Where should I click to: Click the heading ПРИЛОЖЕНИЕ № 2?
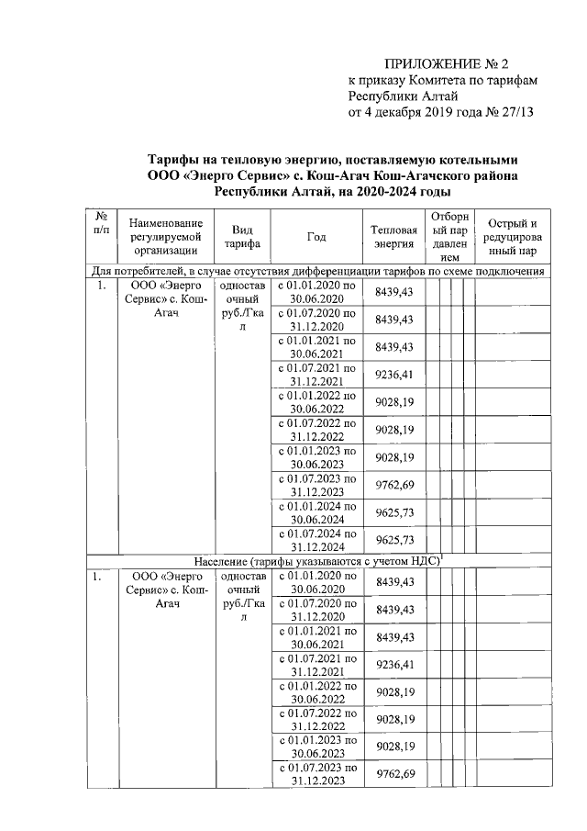pos(445,63)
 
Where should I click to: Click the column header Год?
pos(316,236)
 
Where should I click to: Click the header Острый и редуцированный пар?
pos(513,236)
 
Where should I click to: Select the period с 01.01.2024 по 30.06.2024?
pos(316,511)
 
